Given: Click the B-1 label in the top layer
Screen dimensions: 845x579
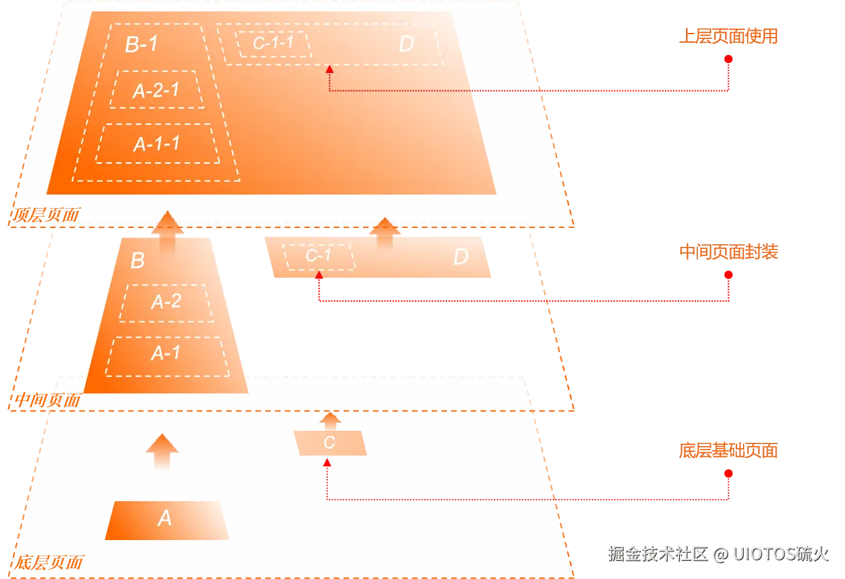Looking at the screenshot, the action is click(x=142, y=44).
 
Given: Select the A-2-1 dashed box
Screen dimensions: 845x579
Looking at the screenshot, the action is click(x=156, y=89).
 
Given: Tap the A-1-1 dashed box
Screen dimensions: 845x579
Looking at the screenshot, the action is click(x=157, y=144).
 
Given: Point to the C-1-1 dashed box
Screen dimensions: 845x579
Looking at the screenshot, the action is click(x=273, y=44).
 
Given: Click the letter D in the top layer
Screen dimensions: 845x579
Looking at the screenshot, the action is click(x=406, y=44).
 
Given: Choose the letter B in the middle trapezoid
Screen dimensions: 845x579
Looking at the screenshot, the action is click(x=138, y=260).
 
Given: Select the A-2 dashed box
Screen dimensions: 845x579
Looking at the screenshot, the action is click(x=166, y=303).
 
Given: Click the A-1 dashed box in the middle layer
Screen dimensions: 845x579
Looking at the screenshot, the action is click(x=167, y=356).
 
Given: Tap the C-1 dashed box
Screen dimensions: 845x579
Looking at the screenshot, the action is click(x=319, y=257).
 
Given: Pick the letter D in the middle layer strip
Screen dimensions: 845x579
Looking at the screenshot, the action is click(x=461, y=256).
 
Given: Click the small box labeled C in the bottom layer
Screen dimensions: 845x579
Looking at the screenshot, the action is click(x=330, y=443).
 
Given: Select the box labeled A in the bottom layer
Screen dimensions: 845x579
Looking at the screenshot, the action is click(x=166, y=520).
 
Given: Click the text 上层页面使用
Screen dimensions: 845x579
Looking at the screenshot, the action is click(x=728, y=36).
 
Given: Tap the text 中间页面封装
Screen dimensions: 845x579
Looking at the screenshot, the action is click(x=728, y=252).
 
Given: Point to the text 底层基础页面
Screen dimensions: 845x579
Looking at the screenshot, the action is click(x=728, y=450).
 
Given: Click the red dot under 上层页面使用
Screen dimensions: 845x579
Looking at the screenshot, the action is click(x=728, y=59).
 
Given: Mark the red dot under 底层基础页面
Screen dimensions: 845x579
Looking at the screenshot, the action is click(x=728, y=474).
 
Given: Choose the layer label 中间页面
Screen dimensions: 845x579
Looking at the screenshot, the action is click(x=48, y=400).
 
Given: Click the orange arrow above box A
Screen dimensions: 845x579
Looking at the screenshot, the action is click(x=162, y=451).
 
